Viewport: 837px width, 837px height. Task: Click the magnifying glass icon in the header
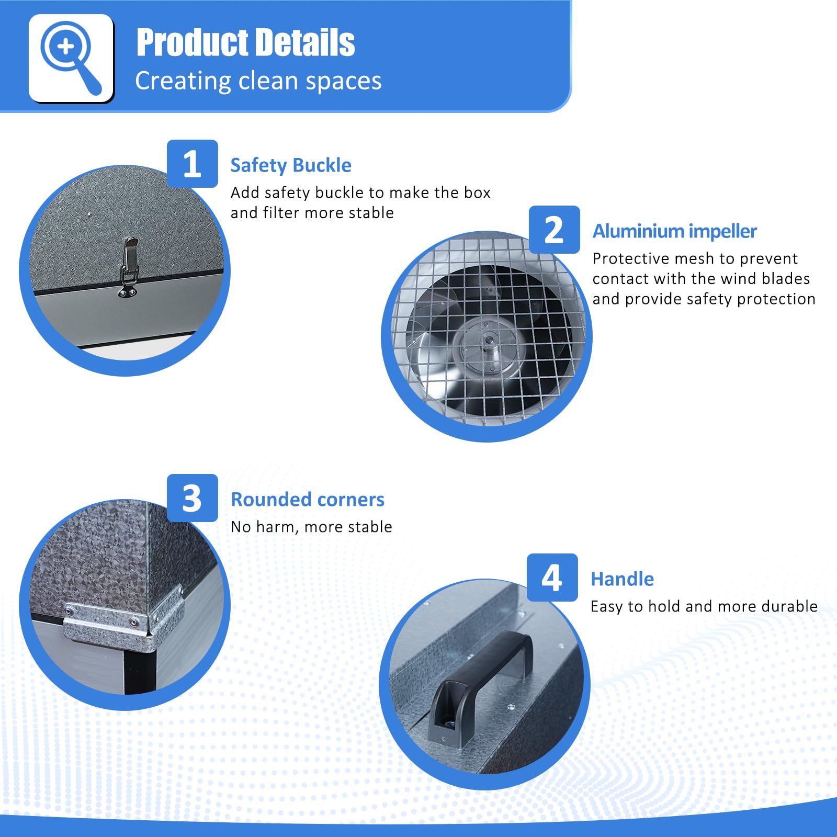pos(71,58)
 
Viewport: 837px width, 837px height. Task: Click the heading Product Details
pos(245,42)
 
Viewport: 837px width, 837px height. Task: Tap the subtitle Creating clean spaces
pos(258,81)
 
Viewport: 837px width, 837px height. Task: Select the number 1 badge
pos(192,164)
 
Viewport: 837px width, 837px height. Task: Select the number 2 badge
pos(554,230)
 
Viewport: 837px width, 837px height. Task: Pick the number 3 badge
pos(192,498)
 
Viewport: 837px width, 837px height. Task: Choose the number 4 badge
pos(552,578)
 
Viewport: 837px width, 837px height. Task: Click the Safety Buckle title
pos(291,165)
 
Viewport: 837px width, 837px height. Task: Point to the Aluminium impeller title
pos(674,231)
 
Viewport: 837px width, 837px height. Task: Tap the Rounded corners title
pos(308,500)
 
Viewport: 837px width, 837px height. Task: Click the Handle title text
pos(622,579)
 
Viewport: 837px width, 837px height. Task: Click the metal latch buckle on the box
pos(129,267)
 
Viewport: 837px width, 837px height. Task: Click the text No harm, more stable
pos(311,527)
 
